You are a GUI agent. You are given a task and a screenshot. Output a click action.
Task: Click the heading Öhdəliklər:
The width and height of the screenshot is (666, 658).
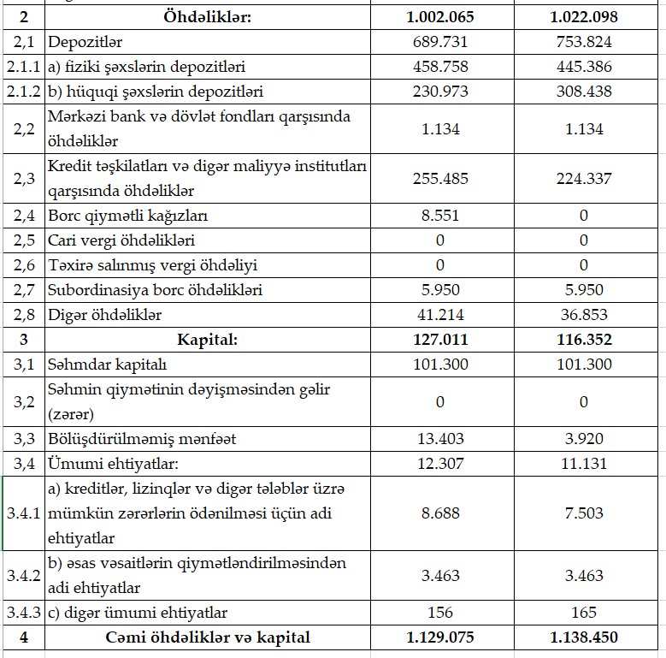(x=208, y=16)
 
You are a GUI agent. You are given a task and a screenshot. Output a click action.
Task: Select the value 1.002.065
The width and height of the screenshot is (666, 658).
(x=441, y=16)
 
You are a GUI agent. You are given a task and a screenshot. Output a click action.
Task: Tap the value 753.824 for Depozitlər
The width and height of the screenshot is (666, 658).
(x=584, y=41)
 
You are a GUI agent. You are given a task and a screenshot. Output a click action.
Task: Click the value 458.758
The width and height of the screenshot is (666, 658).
(x=441, y=66)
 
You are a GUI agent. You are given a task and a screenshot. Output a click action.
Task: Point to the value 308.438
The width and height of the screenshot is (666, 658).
(x=584, y=91)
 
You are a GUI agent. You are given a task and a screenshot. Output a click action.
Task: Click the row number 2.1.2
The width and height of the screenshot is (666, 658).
(x=23, y=91)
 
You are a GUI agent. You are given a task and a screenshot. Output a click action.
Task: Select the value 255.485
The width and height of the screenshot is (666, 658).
(x=441, y=178)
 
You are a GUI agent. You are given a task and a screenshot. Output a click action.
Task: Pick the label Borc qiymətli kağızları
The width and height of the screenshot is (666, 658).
(x=127, y=216)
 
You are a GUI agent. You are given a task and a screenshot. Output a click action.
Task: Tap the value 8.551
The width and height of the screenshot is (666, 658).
(x=441, y=216)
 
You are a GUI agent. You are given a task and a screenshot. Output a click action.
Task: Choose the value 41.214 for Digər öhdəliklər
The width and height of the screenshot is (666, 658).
(x=441, y=315)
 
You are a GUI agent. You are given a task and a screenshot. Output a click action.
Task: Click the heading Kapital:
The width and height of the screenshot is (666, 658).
(x=208, y=340)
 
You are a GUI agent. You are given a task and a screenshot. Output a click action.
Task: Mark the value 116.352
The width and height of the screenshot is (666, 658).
(x=584, y=340)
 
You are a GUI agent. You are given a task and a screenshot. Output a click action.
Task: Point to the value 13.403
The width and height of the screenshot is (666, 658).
(x=441, y=439)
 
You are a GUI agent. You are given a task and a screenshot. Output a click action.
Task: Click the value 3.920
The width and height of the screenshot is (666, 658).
(x=584, y=439)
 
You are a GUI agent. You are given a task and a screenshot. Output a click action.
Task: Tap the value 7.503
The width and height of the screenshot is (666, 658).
(x=584, y=513)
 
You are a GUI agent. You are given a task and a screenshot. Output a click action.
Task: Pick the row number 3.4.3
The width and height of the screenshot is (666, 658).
(x=23, y=613)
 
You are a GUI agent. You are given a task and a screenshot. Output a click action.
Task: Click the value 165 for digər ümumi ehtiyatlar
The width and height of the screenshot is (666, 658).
(x=584, y=613)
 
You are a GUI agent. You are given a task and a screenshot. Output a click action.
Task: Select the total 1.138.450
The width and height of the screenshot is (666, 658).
(x=584, y=637)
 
